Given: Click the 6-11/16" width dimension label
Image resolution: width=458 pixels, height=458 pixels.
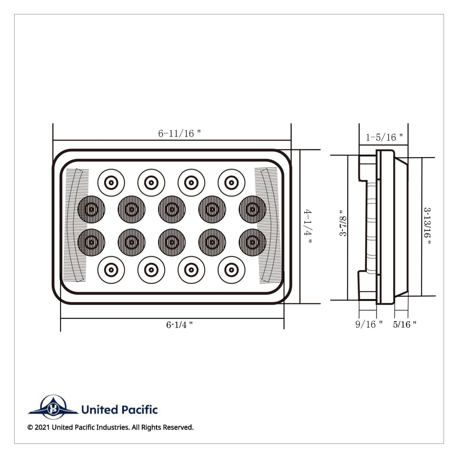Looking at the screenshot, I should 179,133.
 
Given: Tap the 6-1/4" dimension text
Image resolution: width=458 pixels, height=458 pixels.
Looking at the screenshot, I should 179,325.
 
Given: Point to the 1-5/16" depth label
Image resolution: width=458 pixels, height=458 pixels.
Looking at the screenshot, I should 384,137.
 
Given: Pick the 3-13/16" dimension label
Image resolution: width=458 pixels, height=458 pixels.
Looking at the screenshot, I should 427,227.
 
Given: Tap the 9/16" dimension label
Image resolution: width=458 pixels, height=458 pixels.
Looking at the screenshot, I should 369,324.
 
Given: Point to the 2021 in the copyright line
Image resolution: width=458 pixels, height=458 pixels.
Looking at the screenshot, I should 42,427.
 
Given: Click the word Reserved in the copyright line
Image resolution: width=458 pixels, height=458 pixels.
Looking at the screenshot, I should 178,427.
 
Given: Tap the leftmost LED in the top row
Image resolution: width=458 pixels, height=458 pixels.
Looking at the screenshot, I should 111,182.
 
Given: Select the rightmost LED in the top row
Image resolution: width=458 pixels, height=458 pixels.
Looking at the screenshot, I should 231,182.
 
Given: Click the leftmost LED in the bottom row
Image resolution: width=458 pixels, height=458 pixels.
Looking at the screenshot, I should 111,270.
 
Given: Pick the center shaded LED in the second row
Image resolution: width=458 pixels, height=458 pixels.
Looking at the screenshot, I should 172,209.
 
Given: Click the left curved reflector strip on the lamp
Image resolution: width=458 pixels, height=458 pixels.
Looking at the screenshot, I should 76,226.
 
